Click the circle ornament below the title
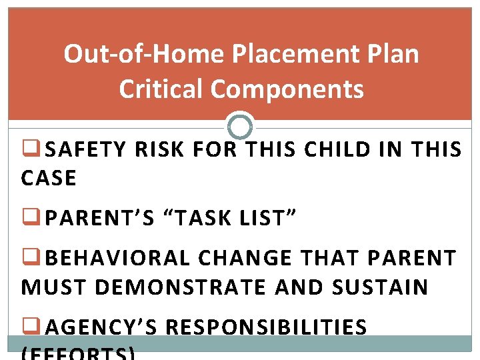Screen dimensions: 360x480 (240, 125)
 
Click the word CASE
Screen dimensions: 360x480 (49, 178)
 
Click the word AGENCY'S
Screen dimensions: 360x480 (101, 327)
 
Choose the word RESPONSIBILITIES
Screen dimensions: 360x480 (266, 327)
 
